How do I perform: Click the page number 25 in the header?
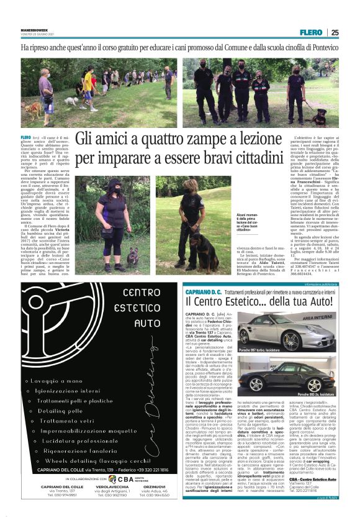point(335,32)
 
